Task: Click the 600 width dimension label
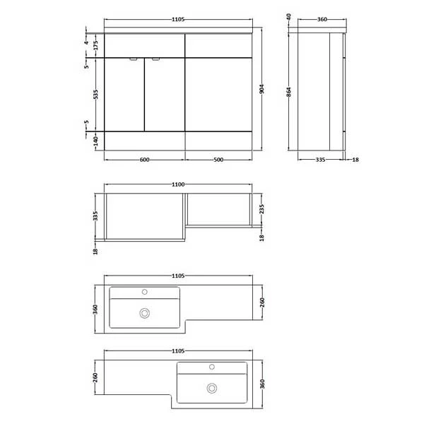tap(144, 160)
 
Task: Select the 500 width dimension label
tap(218, 160)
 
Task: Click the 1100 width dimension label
tap(177, 184)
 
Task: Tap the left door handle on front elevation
tap(132, 60)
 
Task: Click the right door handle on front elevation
tap(155, 60)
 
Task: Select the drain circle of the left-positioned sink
tap(146, 312)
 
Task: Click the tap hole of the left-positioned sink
tap(146, 290)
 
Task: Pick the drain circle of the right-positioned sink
tap(211, 387)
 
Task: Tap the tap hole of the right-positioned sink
tap(211, 366)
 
